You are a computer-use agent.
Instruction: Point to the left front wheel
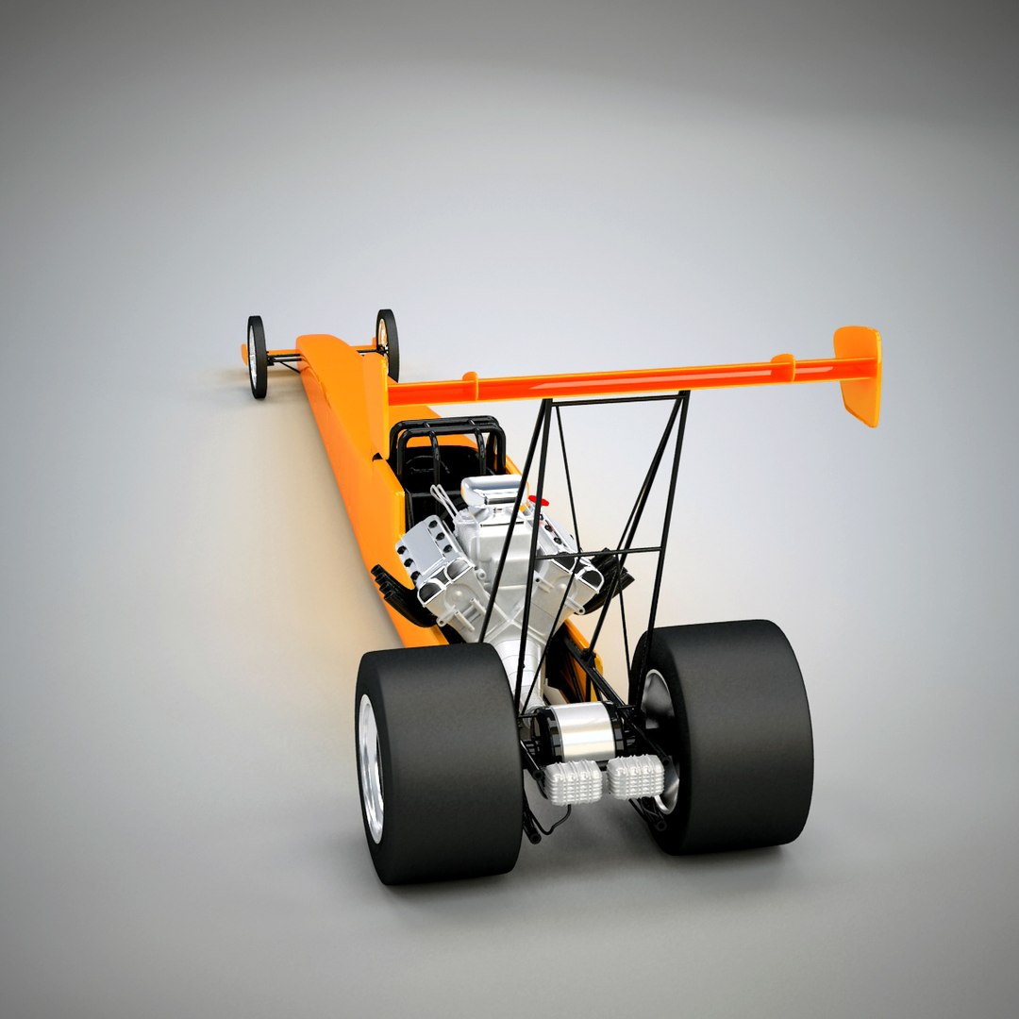257,357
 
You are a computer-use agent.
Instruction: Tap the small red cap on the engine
534,500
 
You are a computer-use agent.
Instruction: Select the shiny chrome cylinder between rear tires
576,731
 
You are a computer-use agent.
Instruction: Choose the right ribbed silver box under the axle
635,776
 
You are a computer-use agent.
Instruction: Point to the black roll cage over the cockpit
448,443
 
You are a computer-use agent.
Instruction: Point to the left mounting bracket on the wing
469,385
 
